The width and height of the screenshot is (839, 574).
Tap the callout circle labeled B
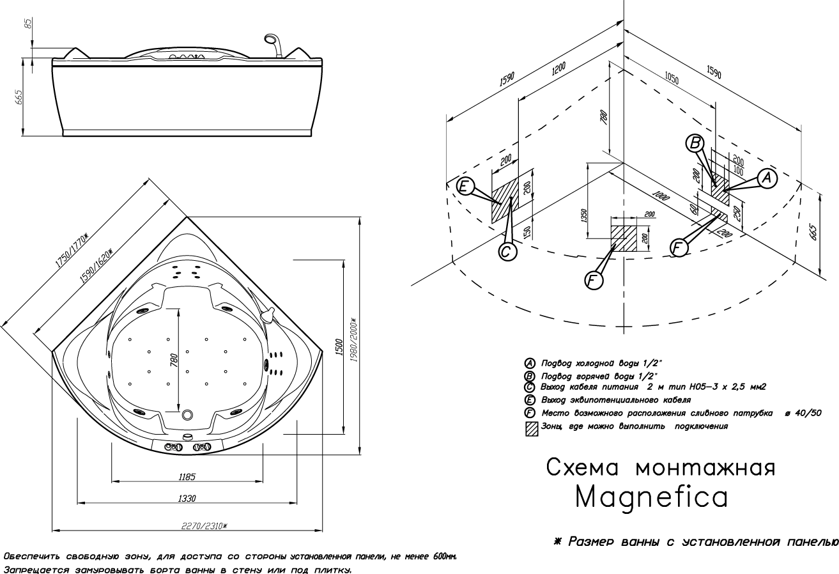click(x=695, y=143)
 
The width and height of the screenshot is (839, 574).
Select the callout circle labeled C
click(x=506, y=252)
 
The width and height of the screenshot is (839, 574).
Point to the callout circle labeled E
click(x=465, y=187)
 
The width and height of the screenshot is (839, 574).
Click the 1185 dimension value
click(x=187, y=477)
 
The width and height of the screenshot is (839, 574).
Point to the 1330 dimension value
click(x=187, y=499)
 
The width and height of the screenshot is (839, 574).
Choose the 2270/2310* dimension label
click(x=204, y=525)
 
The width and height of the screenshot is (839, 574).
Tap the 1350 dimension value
click(x=583, y=216)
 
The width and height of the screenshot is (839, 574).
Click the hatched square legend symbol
click(x=530, y=428)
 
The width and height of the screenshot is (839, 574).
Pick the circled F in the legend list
click(x=530, y=414)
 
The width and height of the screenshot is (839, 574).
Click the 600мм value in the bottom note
click(x=445, y=557)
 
